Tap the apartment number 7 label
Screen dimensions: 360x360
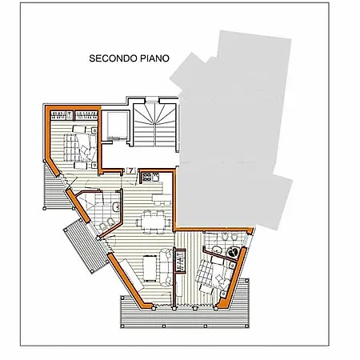pos(131,170)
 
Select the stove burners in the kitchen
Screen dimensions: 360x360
pos(147,177)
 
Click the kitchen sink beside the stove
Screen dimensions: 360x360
pos(155,177)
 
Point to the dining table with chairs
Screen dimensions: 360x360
pos(154,222)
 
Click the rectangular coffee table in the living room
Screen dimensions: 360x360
pos(150,268)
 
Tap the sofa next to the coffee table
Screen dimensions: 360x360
pos(166,267)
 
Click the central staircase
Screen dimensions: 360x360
pos(154,124)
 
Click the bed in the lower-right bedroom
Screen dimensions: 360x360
pos(214,274)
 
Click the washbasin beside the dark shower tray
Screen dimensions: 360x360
pos(217,250)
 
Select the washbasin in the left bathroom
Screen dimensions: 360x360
pos(116,207)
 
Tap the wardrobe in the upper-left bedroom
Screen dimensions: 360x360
pos(74,115)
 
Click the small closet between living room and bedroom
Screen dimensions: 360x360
pos(180,262)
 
